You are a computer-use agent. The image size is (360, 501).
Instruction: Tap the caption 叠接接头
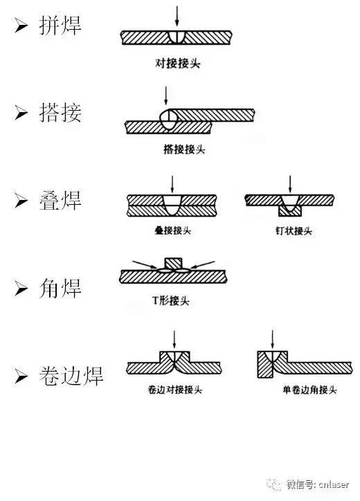pos(172,231)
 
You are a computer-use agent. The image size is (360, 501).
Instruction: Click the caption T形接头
pos(171,301)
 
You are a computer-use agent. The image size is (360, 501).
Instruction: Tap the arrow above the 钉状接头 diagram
pos(290,183)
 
